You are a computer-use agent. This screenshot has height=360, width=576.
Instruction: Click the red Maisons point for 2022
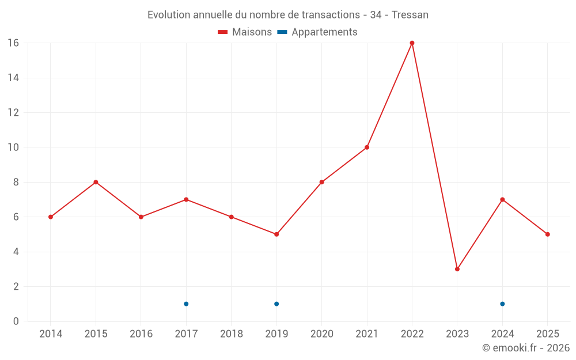coord(412,43)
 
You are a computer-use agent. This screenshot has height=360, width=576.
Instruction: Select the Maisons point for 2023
coord(457,269)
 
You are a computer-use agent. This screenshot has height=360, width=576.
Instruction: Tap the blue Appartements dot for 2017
coord(186,304)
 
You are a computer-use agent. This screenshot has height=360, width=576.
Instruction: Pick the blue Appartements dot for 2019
coord(276,304)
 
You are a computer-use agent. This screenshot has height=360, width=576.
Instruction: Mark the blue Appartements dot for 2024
coord(502,304)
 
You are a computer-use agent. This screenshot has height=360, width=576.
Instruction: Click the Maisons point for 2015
coord(96,182)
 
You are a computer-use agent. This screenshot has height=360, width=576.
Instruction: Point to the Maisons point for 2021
coord(367,147)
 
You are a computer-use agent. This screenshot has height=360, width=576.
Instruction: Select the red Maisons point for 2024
coord(502,199)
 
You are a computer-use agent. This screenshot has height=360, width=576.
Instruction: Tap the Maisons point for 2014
coord(51,217)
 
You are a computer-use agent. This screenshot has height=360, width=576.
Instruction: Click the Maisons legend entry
coord(245,32)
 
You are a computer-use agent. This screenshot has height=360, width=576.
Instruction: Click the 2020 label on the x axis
coord(321,334)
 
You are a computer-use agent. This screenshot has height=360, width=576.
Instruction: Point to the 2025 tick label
coord(547,334)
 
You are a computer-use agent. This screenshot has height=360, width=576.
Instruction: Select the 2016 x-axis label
coord(141,334)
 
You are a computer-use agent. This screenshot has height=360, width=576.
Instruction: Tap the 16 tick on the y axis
coord(13,43)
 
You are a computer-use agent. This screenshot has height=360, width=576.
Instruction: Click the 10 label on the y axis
coord(13,147)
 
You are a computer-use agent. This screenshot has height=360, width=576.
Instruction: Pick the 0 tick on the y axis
coord(16,321)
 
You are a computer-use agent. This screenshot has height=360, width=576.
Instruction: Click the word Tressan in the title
coord(410,15)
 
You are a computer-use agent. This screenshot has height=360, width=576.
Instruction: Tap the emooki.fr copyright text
coord(526,348)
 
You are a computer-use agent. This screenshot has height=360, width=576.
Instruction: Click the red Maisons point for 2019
coord(276,234)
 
